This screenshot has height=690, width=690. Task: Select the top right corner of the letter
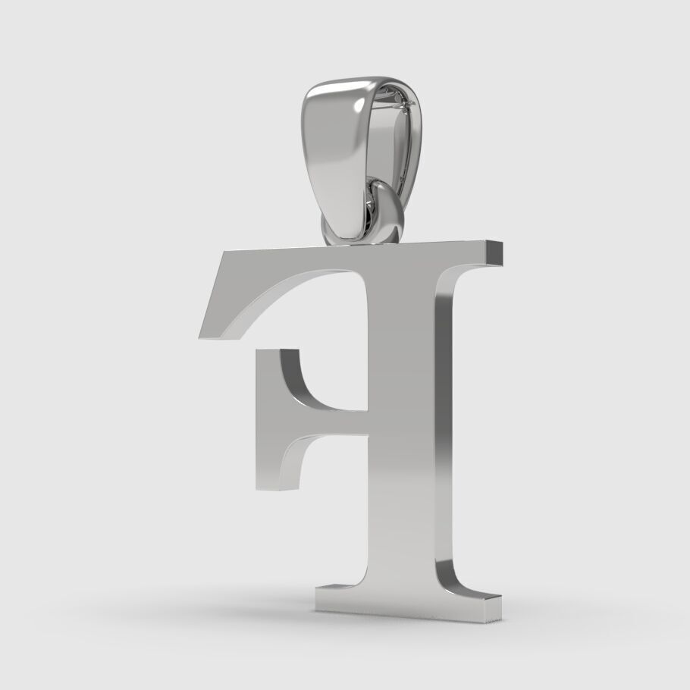coord(501,244)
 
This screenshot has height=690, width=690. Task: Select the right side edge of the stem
coord(443,425)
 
